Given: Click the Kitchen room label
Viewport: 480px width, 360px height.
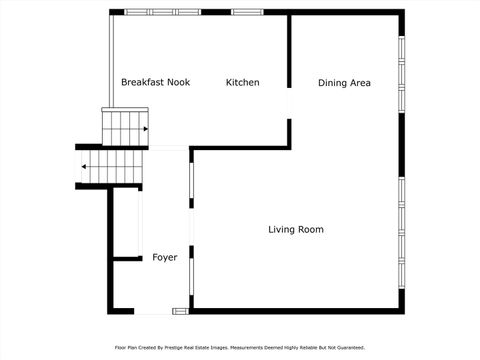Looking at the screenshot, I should coord(242,82).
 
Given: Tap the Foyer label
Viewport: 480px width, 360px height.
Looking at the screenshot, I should coord(165,257).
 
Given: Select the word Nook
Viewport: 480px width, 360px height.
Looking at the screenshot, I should coord(179,82).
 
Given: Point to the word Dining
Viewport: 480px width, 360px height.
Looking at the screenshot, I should coord(333,83).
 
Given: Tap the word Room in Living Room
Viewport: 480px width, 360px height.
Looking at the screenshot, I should coord(310,230).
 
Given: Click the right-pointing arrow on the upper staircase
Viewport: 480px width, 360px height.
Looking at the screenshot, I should coord(145,129).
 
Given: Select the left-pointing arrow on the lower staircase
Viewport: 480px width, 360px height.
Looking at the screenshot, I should coord(85,167).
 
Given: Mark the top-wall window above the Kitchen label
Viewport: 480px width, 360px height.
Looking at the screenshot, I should coord(246,12).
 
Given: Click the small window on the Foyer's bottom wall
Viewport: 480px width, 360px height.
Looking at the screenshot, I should coord(180,311).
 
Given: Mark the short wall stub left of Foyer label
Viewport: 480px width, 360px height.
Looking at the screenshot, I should coord(126,259).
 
